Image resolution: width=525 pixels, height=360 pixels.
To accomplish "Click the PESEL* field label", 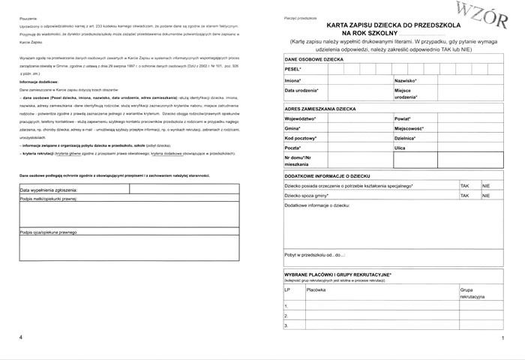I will tap(293, 69).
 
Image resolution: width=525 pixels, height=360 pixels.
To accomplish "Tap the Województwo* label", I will tap(301, 118).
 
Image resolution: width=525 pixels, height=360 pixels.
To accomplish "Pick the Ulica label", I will tap(400, 148).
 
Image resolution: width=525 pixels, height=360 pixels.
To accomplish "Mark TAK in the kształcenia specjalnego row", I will tap(464, 184).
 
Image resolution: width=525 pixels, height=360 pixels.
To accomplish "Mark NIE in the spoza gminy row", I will tap(486, 195).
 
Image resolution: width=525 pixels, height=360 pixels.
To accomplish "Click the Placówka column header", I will tap(316, 289).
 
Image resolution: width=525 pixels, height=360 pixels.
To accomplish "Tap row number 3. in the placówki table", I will tap(286, 325).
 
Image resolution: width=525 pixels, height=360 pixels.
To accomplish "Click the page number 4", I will tap(22, 339).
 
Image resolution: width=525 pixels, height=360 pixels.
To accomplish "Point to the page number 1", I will tap(502, 340).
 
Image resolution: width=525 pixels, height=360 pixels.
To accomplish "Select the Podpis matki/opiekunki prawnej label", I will tap(49, 199).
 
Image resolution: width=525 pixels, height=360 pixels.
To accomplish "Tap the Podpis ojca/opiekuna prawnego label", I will tap(48, 232).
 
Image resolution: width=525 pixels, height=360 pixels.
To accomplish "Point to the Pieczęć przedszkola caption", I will tap(300, 16).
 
